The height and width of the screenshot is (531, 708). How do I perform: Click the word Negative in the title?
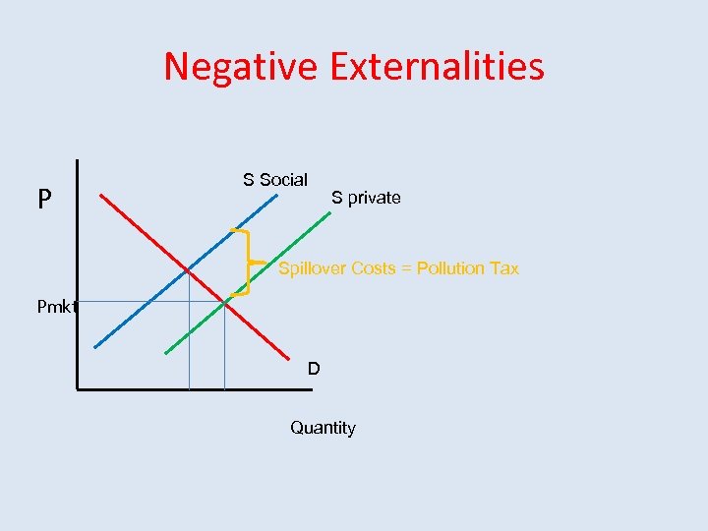pyautogui.click(x=241, y=67)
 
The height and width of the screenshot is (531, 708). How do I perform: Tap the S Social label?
pyautogui.click(x=275, y=180)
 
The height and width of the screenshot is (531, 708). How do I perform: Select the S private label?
pyautogui.click(x=366, y=198)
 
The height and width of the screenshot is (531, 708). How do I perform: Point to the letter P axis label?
pyautogui.click(x=44, y=201)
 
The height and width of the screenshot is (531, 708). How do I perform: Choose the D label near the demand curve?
pyautogui.click(x=313, y=369)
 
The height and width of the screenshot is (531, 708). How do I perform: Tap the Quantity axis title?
pyautogui.click(x=323, y=428)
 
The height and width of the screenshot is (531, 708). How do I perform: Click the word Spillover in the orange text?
pyautogui.click(x=313, y=268)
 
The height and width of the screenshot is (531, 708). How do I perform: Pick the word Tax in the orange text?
pyautogui.click(x=504, y=268)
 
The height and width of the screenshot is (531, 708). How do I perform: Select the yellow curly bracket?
pyautogui.click(x=244, y=263)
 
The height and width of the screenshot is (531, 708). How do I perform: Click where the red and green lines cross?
pyautogui.click(x=224, y=303)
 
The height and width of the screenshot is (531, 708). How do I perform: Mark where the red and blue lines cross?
pyautogui.click(x=189, y=268)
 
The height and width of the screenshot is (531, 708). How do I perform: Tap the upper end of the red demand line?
pyautogui.click(x=102, y=195)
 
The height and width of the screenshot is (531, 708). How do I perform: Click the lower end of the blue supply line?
pyautogui.click(x=95, y=346)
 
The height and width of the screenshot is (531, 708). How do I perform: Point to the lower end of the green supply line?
pyautogui.click(x=166, y=352)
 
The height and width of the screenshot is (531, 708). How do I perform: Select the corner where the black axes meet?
pyautogui.click(x=78, y=389)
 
